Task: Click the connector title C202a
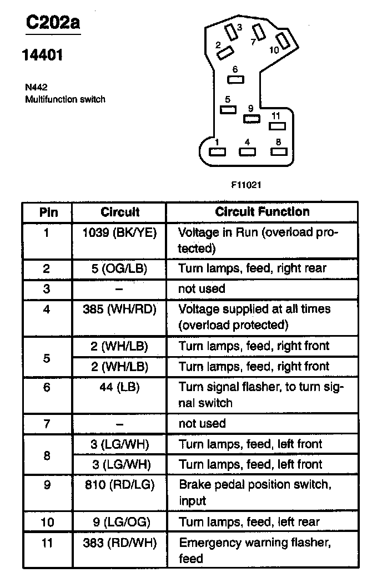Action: click(x=53, y=23)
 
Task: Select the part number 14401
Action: click(x=42, y=55)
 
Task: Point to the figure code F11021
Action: click(x=246, y=185)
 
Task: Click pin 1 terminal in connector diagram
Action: click(x=217, y=152)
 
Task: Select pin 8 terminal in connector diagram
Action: click(x=279, y=152)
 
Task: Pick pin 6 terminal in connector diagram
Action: click(x=235, y=79)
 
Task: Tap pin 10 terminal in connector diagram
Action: click(x=283, y=41)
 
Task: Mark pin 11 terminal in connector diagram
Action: click(x=277, y=126)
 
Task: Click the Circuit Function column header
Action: click(x=262, y=212)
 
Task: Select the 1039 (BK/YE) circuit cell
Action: click(x=119, y=233)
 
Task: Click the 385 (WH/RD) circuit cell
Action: click(x=119, y=310)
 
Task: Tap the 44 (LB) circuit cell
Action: click(x=119, y=387)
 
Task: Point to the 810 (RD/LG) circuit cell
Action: click(x=119, y=485)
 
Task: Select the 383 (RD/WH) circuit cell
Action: click(x=119, y=543)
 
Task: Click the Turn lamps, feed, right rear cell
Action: click(x=252, y=268)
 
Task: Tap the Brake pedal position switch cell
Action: click(x=255, y=493)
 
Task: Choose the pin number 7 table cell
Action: click(x=47, y=424)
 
